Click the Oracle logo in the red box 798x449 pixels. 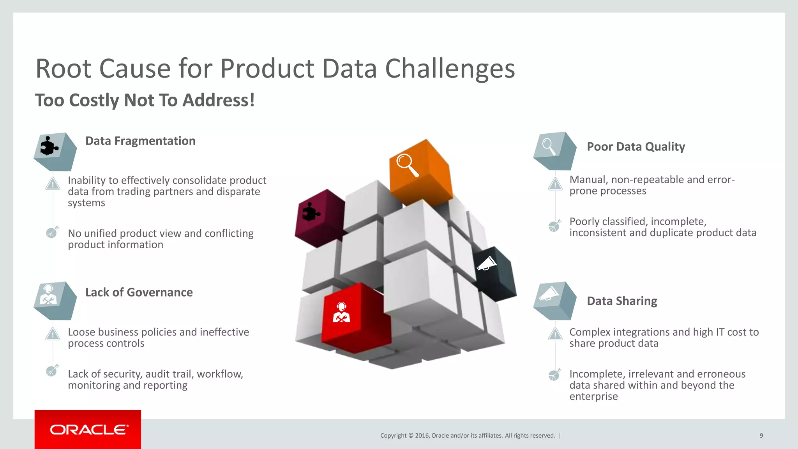(x=88, y=430)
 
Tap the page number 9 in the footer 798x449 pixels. (x=761, y=436)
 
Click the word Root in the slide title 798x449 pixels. (x=64, y=69)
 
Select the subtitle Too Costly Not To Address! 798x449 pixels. (x=145, y=100)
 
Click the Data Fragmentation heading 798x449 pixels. (x=140, y=141)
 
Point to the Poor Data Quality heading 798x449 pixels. (x=636, y=147)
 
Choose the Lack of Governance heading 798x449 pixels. (x=139, y=292)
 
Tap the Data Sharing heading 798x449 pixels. (x=621, y=301)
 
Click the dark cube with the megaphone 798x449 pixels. (x=494, y=273)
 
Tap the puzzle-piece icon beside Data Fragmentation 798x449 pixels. (x=49, y=147)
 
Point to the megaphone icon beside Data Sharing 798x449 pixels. (x=548, y=293)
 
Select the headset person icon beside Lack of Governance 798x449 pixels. (x=48, y=295)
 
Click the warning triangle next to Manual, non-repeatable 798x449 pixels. (x=555, y=184)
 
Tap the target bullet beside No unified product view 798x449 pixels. (x=52, y=232)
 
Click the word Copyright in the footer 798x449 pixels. (x=393, y=436)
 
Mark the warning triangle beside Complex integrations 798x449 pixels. (x=555, y=334)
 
